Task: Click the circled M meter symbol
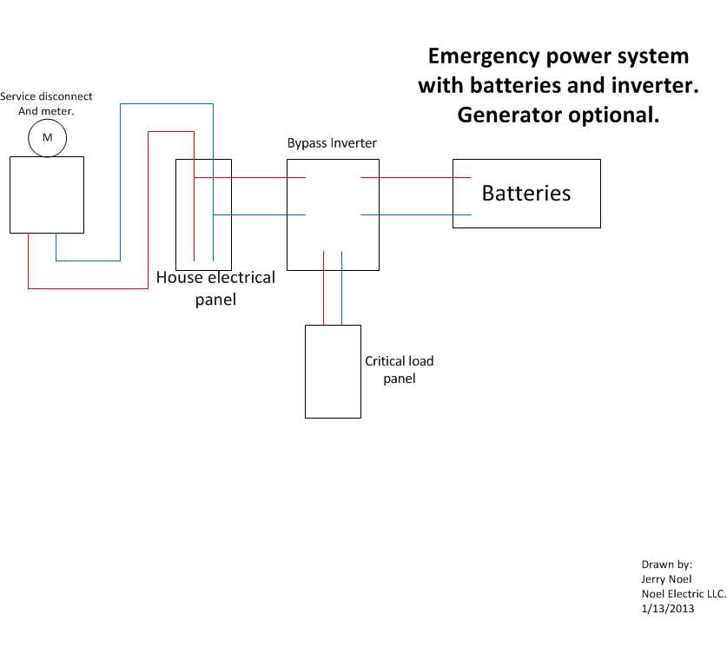click(x=47, y=138)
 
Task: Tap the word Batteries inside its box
click(x=526, y=194)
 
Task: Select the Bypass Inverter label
click(x=332, y=143)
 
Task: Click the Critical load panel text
click(x=400, y=369)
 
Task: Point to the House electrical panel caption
click(x=215, y=287)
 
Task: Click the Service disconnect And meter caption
click(x=46, y=103)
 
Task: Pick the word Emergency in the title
click(x=484, y=57)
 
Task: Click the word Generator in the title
click(x=509, y=115)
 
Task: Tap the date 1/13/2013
click(x=668, y=609)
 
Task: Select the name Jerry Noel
click(x=666, y=579)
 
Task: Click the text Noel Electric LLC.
click(x=684, y=594)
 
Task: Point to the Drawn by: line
click(x=667, y=564)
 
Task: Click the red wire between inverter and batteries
click(x=416, y=177)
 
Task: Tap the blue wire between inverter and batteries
click(x=416, y=214)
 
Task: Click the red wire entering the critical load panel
click(x=324, y=287)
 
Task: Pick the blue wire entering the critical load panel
click(x=341, y=287)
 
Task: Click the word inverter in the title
click(x=655, y=86)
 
